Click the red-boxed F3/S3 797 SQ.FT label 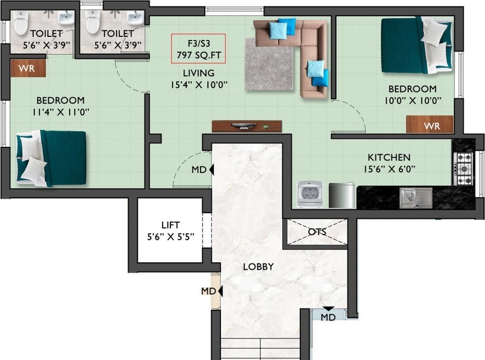tap(199, 48)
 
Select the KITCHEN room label tap(389, 157)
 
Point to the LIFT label tap(170, 225)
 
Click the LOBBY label tap(258, 267)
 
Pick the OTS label tap(317, 232)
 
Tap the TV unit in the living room tap(247, 126)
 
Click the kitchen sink tap(415, 197)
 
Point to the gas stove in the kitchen tap(463, 168)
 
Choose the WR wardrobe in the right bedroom tap(429, 125)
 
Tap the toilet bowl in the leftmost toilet tap(20, 24)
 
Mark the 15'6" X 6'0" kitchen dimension tap(389, 169)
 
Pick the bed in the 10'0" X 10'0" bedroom tap(415, 45)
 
